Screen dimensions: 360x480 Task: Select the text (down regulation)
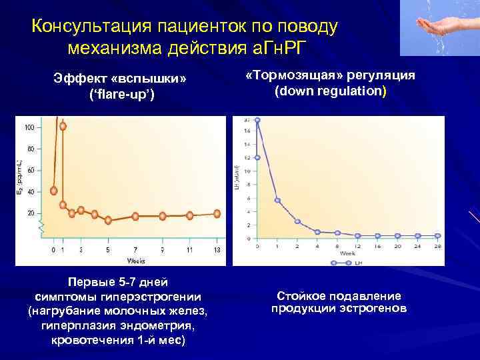(x=330, y=90)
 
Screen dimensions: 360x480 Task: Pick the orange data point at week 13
(x=217, y=213)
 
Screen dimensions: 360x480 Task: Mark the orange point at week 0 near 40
(x=54, y=191)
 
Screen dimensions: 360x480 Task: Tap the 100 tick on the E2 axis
(x=30, y=127)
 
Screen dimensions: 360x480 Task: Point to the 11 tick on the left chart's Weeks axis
(x=189, y=249)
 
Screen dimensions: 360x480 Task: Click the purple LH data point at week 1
(x=277, y=200)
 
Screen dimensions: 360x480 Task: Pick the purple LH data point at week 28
(x=437, y=235)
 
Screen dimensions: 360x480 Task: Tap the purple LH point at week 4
(x=317, y=231)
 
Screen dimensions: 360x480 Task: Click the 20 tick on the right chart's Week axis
(x=397, y=246)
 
